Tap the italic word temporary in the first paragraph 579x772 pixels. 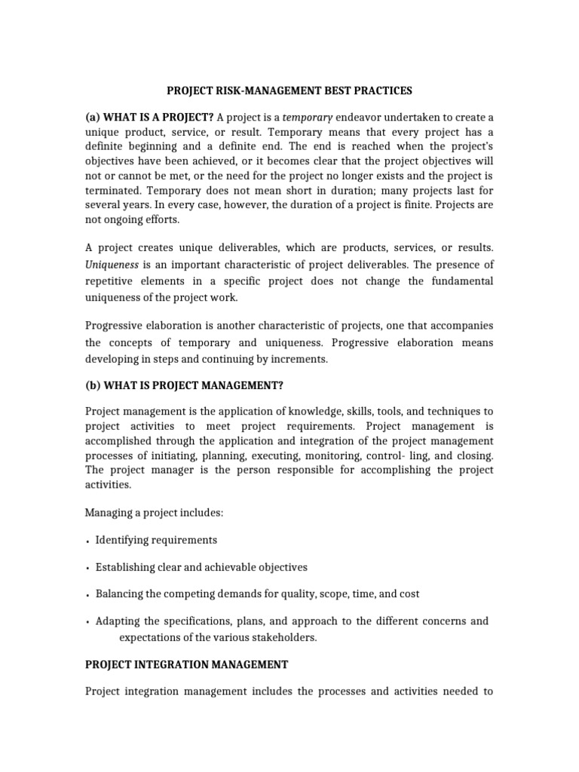308,117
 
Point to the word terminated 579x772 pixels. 112,191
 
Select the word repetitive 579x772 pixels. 112,280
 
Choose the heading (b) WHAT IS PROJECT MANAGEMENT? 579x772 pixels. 184,385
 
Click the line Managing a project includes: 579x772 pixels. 154,513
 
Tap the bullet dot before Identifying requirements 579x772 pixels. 88,541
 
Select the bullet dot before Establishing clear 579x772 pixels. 88,568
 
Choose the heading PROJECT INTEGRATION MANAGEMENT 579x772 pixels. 187,664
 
